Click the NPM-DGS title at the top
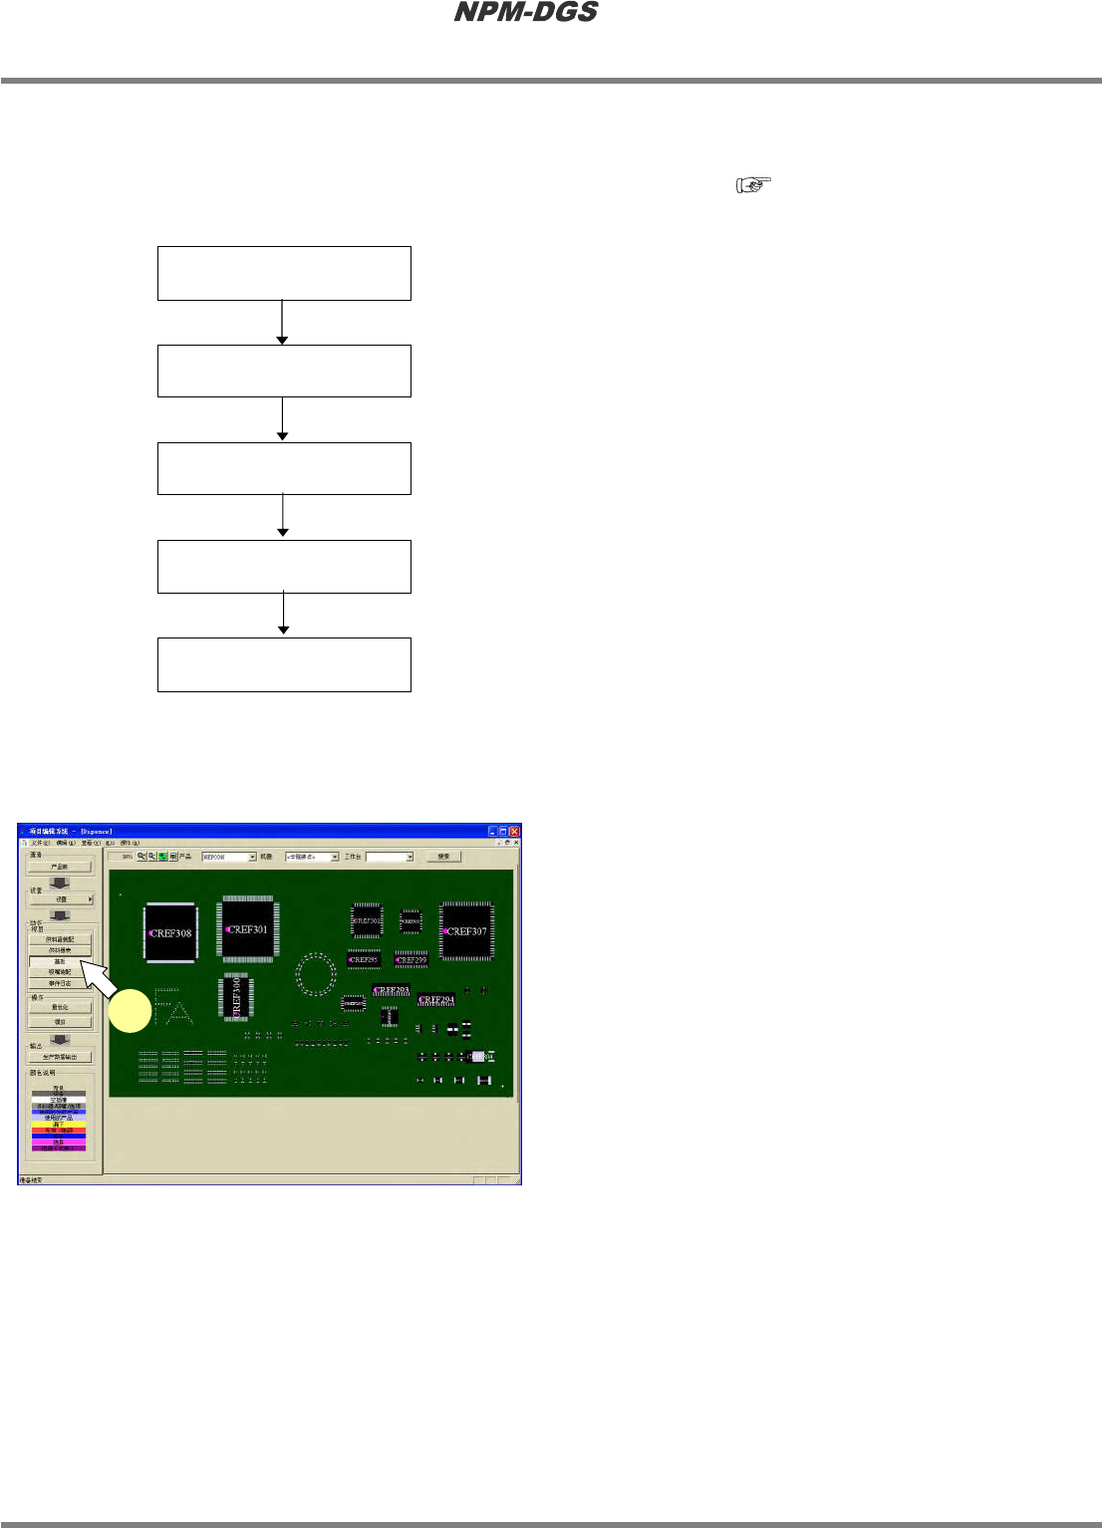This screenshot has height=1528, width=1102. [526, 12]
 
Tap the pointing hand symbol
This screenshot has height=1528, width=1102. [753, 184]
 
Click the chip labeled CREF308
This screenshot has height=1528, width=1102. [169, 933]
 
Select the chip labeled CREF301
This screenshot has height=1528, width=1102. [247, 929]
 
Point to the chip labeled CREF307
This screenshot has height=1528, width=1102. [466, 931]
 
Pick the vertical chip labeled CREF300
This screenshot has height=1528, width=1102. [236, 996]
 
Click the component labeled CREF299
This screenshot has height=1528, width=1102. [412, 960]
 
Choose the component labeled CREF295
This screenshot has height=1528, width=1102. [364, 960]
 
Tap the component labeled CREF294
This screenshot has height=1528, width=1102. [436, 999]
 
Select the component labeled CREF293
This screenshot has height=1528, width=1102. [391, 990]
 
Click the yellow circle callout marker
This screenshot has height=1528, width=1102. [130, 1011]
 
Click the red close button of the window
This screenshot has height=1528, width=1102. [515, 831]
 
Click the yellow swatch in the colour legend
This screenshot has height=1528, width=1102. [59, 1124]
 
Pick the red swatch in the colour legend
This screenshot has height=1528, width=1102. [59, 1131]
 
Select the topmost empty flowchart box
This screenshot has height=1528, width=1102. [284, 273]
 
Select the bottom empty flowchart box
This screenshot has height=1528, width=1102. [284, 664]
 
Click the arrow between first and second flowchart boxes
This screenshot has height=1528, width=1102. [283, 322]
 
